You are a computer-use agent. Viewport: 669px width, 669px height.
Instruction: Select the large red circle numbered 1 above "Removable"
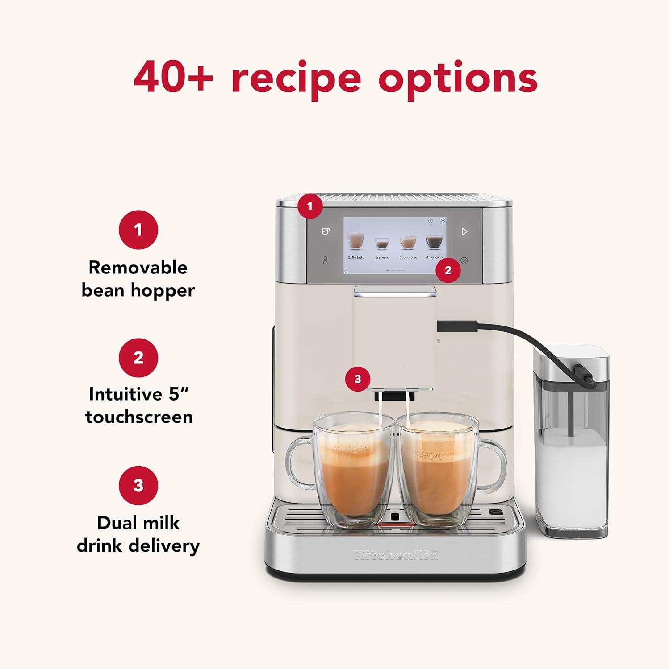138,230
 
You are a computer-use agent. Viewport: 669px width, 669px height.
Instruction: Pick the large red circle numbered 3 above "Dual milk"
138,485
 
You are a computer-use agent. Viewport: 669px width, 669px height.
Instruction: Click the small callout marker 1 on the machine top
310,206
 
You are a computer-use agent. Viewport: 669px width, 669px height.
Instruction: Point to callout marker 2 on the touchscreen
448,270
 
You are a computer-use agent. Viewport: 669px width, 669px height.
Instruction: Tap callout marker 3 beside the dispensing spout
357,379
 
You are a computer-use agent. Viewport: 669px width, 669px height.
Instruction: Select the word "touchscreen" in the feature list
139,417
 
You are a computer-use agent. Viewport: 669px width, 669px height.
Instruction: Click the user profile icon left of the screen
325,260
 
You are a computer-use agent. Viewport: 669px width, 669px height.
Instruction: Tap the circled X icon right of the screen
464,260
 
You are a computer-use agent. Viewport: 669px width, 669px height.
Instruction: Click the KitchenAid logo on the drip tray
396,555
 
